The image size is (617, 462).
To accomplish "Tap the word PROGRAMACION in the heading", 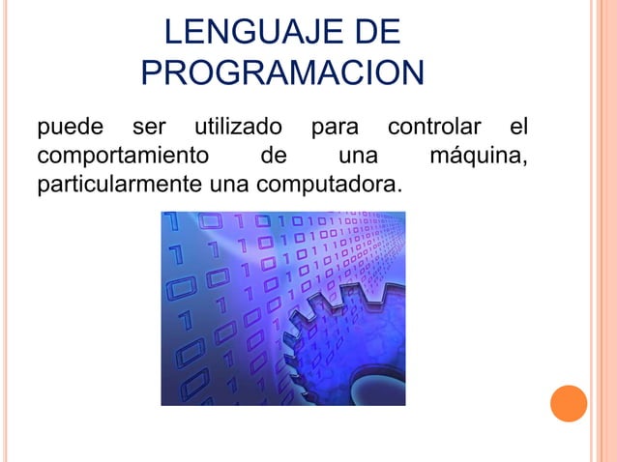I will pos(282,73).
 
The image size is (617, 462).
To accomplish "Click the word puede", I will pos(66,128).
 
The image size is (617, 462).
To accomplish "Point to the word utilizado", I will pos(239,128).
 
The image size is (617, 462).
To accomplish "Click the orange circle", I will pos(569,403).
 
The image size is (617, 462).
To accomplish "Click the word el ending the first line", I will pos(519,128).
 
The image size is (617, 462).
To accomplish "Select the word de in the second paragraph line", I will pos(274,155).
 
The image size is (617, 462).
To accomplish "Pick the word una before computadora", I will pos(226,182).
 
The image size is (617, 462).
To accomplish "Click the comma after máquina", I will pos(525,161).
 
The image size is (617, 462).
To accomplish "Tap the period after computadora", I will pos(397,188).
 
